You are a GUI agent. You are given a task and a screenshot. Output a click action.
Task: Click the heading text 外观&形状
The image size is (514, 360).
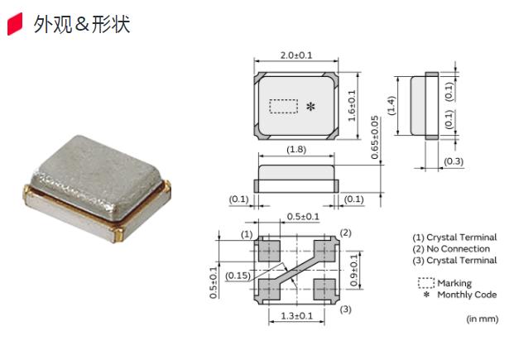tap(82, 24)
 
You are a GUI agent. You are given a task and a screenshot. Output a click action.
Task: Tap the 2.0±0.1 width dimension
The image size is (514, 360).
tap(295, 55)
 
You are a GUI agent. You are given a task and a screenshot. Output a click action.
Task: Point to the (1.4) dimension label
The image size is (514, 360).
tap(392, 105)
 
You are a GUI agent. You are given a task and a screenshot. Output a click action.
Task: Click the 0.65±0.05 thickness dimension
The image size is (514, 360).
tap(374, 137)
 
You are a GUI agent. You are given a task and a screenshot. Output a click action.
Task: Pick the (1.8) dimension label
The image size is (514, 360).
tap(295, 150)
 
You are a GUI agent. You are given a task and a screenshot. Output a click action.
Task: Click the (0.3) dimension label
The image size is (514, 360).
tap(453, 161)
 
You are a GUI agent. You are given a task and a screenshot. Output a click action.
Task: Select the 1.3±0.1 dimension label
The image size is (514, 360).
tap(295, 315)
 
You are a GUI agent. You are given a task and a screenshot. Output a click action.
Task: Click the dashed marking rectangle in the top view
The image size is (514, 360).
tap(284, 106)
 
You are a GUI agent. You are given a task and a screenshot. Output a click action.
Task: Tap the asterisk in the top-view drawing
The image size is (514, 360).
tap(310, 107)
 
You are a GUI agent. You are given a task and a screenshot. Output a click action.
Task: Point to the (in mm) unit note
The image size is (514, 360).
tap(482, 318)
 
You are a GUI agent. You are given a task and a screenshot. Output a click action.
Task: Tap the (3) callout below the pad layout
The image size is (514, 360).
tap(346, 310)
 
